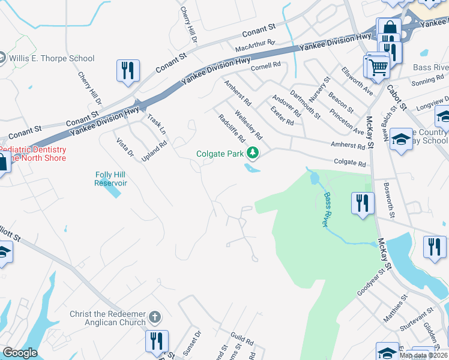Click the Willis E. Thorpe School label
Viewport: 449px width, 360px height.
(x=51, y=58)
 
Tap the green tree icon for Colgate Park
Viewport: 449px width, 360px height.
(x=253, y=154)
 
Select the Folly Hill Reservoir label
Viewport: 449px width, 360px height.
(x=110, y=179)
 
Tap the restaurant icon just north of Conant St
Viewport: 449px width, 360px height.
(x=127, y=70)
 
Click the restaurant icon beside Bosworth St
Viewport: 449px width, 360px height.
(x=362, y=202)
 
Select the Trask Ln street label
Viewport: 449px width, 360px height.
(x=155, y=125)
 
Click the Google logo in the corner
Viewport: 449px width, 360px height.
(x=20, y=353)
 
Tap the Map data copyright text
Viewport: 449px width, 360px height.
(x=423, y=355)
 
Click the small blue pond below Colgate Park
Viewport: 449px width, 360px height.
(x=253, y=168)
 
